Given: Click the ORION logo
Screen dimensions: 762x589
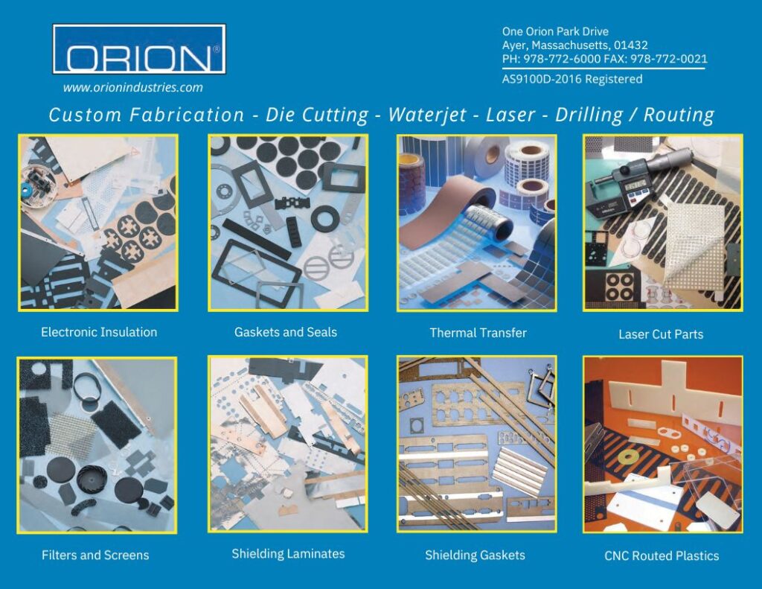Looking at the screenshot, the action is tap(139, 49).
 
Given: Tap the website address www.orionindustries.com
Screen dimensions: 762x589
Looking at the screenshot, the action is tap(132, 88).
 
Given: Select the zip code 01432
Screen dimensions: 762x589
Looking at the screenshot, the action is tap(631, 45).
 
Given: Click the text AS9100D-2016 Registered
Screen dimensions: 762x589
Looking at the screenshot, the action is tap(572, 79).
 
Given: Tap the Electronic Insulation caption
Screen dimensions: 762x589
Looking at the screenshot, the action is tap(99, 332).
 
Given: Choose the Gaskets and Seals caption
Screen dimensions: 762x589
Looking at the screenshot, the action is tap(286, 332).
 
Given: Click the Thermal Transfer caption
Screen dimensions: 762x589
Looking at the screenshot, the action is tap(478, 333).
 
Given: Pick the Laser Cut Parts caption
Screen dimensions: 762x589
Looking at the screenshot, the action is tap(661, 334).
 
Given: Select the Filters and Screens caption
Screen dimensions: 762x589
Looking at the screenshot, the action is tap(95, 555).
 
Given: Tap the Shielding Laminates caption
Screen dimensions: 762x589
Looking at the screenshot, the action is tap(288, 553).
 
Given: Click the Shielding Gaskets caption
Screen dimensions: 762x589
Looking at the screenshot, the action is tap(475, 555).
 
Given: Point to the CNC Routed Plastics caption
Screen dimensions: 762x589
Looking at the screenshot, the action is tap(662, 555).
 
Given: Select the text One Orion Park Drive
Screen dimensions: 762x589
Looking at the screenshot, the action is tap(555, 31).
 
